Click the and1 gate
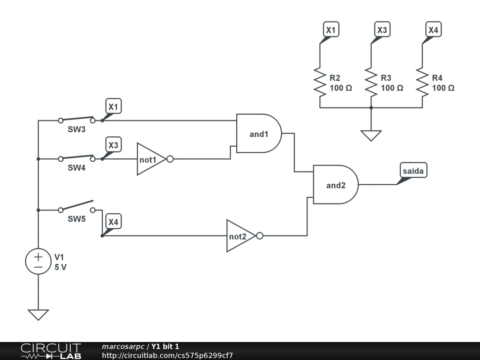pos(259,134)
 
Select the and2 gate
pos(336,185)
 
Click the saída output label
pos(413,171)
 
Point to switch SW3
pos(76,120)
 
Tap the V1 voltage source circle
pos(38,261)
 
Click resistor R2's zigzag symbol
pos(320,82)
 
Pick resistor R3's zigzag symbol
pos(371,82)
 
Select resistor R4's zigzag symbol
pos(422,82)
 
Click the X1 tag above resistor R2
pos(331,30)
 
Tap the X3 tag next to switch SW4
pos(113,144)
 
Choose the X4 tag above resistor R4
pos(433,30)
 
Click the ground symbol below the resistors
pos(371,135)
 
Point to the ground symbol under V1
pos(38,315)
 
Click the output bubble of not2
pos(260,236)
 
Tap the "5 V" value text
pos(60,267)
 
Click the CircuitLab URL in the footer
pos(167,355)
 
